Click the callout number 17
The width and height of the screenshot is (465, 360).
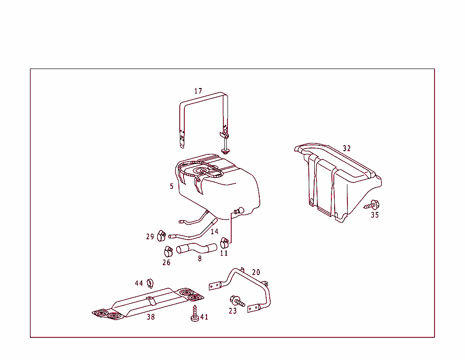pyautogui.click(x=198, y=91)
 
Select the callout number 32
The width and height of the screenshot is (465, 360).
pyautogui.click(x=347, y=148)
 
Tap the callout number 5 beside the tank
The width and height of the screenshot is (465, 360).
pyautogui.click(x=172, y=186)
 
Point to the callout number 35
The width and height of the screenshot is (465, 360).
pyautogui.click(x=375, y=215)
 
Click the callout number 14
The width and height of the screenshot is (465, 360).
pyautogui.click(x=214, y=232)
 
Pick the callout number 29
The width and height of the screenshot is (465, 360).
pyautogui.click(x=150, y=236)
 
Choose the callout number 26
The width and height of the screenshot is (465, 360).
pyautogui.click(x=167, y=262)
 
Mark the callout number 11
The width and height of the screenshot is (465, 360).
pyautogui.click(x=224, y=253)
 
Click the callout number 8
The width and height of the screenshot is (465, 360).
pyautogui.click(x=200, y=259)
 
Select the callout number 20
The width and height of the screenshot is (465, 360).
pyautogui.click(x=256, y=272)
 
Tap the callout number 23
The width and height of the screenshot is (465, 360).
pyautogui.click(x=233, y=311)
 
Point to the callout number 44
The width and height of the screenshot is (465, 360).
pyautogui.click(x=139, y=283)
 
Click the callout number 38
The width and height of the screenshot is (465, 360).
pyautogui.click(x=151, y=317)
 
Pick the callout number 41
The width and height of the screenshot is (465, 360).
pyautogui.click(x=204, y=317)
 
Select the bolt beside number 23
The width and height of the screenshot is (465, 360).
pyautogui.click(x=237, y=301)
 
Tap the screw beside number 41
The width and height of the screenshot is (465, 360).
pyautogui.click(x=195, y=313)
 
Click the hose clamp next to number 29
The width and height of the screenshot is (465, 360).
pyautogui.click(x=161, y=236)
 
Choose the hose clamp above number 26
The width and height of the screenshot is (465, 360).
pyautogui.click(x=168, y=251)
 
